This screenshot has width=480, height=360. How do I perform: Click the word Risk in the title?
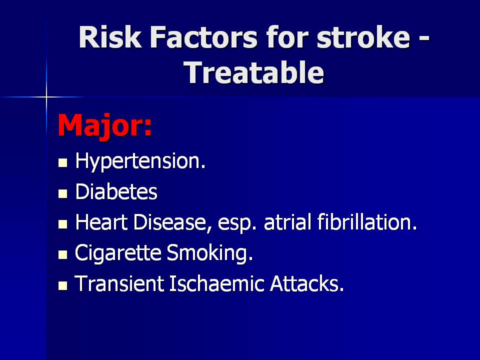(110, 37)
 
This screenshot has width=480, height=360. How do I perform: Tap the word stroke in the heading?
(363, 37)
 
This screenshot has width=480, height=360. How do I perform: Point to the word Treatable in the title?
(254, 72)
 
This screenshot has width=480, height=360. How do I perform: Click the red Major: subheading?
(104, 125)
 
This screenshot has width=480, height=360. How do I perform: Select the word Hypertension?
(140, 161)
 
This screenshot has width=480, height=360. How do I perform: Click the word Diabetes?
(116, 191)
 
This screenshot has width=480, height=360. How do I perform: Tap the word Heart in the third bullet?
(101, 222)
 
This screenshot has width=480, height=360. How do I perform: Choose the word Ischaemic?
(216, 283)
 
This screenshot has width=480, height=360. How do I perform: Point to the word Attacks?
(307, 283)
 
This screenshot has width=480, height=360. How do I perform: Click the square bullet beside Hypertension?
(63, 162)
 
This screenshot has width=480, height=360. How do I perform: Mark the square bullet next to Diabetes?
(63, 193)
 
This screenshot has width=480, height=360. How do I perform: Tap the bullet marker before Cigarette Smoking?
(63, 254)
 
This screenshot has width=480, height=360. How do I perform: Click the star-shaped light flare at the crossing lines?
(46, 97)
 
